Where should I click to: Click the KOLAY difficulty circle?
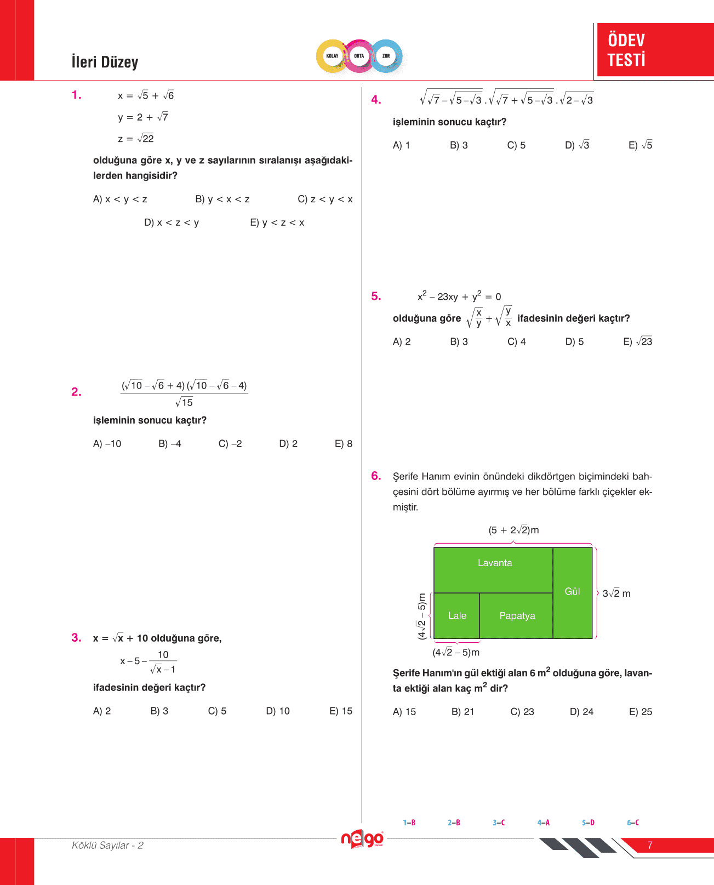pos(332,56)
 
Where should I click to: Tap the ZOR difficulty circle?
pos(386,56)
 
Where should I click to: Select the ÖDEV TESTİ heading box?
pos(655,49)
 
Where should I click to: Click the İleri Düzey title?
pos(105,62)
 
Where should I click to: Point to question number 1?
pos(77,95)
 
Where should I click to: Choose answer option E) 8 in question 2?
pos(344,444)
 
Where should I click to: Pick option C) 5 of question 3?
pos(217,711)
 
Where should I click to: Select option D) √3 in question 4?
pos(577,145)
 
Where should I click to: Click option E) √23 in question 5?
pos(637,342)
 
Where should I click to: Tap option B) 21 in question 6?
pos(462,712)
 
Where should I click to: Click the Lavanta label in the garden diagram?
pos(495,563)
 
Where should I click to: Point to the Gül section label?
pos(572,592)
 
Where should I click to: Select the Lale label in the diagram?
pos(457,616)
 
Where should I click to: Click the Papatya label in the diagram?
pos(517,616)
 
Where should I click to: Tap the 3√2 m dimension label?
pos(616,593)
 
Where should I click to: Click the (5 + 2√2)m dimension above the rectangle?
pos(513,530)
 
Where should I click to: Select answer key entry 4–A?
pos(543,823)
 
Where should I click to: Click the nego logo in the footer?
pos(362,839)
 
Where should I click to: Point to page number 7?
pos(650,845)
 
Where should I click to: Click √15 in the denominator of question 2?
pos(185,403)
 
